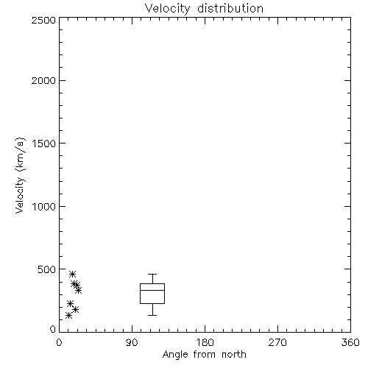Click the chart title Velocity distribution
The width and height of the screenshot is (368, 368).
[x=204, y=8]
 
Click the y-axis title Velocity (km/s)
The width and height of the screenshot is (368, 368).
[x=20, y=175]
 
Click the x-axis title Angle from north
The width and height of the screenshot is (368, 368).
[x=205, y=355]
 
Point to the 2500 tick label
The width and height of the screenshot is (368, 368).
[x=43, y=20]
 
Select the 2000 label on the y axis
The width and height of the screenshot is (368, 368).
[x=43, y=80]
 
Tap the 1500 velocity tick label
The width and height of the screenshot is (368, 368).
[x=44, y=144]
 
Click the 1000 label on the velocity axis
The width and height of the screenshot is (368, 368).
[x=44, y=206]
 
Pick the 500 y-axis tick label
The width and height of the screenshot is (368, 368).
[x=47, y=269]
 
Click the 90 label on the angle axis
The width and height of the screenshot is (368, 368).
[x=132, y=342]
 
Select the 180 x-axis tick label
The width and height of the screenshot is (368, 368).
[x=205, y=342]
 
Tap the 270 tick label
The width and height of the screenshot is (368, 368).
[x=277, y=342]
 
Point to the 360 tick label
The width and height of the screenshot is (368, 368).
[x=350, y=342]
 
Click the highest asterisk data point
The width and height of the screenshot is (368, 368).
[x=72, y=274]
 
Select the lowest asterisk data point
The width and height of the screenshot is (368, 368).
[x=69, y=315]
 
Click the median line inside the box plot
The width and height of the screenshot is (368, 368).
[x=152, y=290]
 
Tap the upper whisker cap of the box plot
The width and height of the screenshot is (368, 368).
[x=152, y=274]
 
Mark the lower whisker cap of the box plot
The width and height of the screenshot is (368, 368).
[x=152, y=315]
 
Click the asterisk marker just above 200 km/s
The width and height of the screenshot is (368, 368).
[x=71, y=303]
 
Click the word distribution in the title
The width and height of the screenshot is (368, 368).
[x=230, y=8]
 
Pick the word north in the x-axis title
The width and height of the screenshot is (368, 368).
[x=234, y=355]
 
